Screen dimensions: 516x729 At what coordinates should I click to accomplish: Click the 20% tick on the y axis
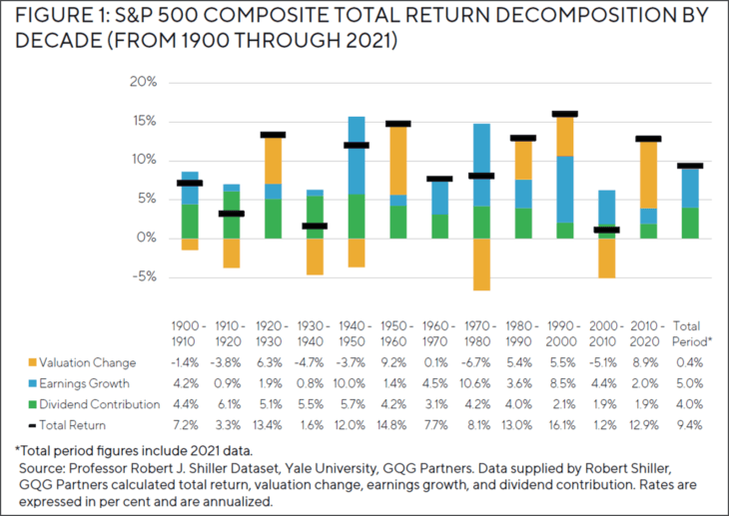[x=145, y=83]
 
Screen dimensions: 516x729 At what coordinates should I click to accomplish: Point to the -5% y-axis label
[x=145, y=276]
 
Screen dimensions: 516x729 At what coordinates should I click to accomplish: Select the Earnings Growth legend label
[x=91, y=383]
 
